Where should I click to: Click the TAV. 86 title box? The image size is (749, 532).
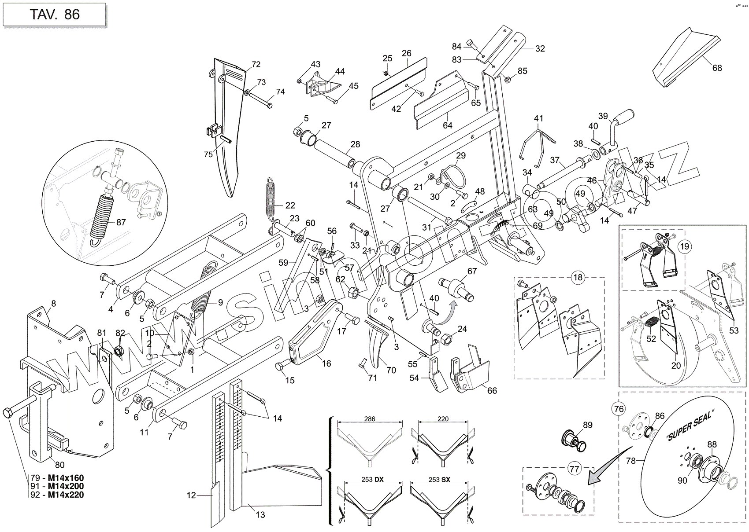click(x=55, y=14)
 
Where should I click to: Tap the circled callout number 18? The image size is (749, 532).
click(x=578, y=277)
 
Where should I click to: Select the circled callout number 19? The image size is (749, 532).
click(x=684, y=246)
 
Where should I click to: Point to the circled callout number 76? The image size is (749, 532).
click(x=619, y=409)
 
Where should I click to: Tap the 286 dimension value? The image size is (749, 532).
click(x=370, y=419)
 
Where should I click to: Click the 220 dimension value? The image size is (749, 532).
click(x=443, y=419)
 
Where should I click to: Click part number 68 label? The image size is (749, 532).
click(x=717, y=68)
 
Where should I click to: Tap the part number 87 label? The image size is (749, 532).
click(x=121, y=222)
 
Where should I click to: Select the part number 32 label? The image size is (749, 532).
click(x=540, y=48)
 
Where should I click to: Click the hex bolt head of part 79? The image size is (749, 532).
click(x=8, y=413)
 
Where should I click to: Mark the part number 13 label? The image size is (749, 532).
click(x=260, y=514)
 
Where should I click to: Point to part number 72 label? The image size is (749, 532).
click(x=256, y=64)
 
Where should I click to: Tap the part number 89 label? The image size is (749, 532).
click(x=588, y=425)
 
